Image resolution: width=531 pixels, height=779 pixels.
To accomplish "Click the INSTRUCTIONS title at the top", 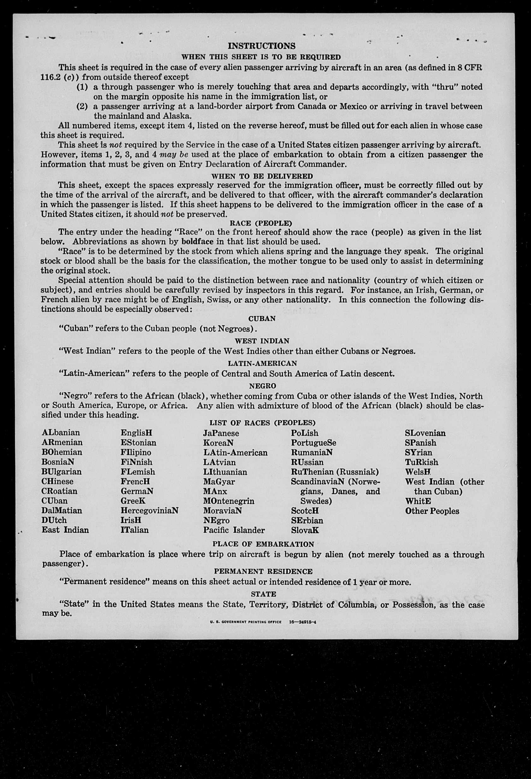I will [x=262, y=46].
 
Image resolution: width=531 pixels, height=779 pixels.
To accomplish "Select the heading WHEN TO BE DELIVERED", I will [x=262, y=176].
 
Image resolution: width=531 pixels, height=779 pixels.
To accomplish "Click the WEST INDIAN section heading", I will [x=262, y=341].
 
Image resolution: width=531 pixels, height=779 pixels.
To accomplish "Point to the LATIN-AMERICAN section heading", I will [x=262, y=363].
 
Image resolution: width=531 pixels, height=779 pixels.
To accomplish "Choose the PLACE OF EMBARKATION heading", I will [x=263, y=544].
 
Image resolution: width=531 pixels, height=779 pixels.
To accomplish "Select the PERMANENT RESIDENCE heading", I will [x=263, y=572].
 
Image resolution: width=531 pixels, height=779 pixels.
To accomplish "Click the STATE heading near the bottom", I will [x=263, y=594].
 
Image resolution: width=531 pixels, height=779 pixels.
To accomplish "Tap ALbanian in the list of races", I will [x=61, y=433].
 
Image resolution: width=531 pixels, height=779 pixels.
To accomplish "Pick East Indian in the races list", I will [x=65, y=530].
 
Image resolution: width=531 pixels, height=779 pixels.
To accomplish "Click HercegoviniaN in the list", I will [x=149, y=510].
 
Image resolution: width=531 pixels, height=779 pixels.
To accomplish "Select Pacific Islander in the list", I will [x=234, y=530].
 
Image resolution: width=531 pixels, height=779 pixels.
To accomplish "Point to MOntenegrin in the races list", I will [x=228, y=501].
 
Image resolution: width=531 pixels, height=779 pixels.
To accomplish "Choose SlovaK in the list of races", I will [x=305, y=530].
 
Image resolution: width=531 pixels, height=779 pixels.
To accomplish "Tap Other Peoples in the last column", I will [x=432, y=511].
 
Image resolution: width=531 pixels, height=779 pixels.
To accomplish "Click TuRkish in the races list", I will [x=421, y=462].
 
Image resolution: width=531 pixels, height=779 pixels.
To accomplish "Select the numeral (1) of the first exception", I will [x=82, y=87].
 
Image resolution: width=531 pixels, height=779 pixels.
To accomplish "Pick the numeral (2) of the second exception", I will [x=82, y=107].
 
